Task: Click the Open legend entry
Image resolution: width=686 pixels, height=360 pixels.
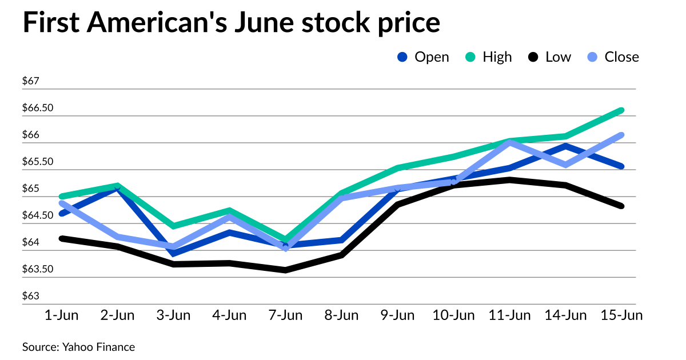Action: (423, 57)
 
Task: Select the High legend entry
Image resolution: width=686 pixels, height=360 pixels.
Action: (489, 57)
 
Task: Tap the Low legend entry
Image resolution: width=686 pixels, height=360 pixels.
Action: (549, 57)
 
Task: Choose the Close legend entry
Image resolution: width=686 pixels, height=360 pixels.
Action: (613, 57)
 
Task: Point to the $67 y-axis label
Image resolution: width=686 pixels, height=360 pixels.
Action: (30, 81)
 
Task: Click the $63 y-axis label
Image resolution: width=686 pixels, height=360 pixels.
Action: (30, 296)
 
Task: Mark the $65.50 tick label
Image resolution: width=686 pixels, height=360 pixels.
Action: (37, 162)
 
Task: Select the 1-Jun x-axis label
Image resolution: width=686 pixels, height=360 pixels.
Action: (61, 315)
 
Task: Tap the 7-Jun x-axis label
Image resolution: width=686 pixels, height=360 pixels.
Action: (285, 315)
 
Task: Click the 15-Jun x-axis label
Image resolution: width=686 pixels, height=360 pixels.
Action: (621, 315)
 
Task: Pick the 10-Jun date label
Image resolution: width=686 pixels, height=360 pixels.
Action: (453, 315)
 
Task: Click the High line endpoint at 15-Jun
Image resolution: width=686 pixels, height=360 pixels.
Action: (621, 110)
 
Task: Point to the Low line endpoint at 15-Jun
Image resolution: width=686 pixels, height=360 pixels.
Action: (621, 206)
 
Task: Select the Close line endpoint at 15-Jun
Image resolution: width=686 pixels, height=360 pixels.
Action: (621, 135)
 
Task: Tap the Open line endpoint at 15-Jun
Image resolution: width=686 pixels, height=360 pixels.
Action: (621, 166)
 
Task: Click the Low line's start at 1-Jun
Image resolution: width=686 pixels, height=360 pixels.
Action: (61, 238)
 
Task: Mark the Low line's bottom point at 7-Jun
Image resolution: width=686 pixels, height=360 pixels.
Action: (285, 270)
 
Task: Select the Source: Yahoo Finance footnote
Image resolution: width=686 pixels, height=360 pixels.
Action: (79, 347)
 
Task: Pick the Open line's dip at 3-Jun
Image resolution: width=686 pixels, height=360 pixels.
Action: (173, 254)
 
